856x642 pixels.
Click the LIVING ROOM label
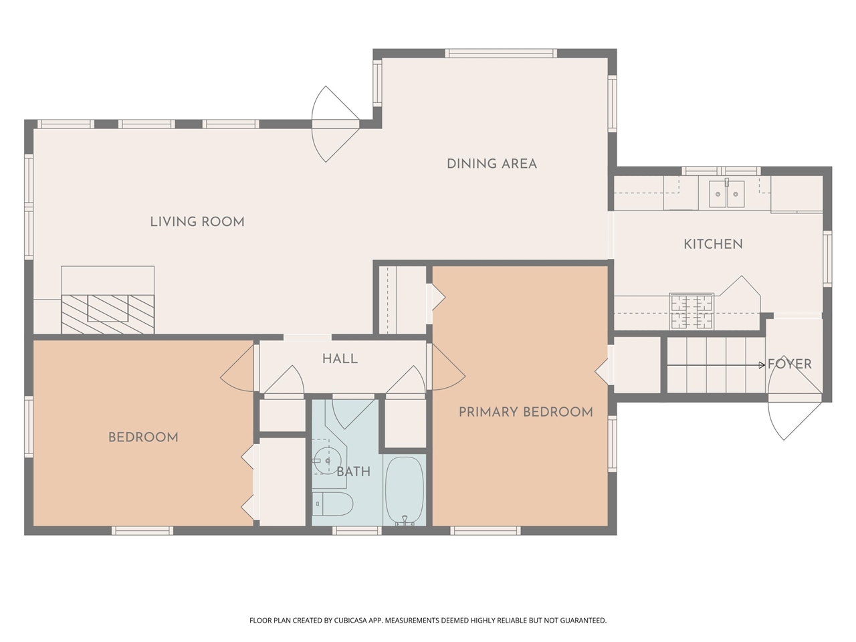[197, 222]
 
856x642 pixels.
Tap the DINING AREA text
[492, 164]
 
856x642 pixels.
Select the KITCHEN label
[714, 244]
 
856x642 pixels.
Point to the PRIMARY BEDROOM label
[526, 412]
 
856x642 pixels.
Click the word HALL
[340, 359]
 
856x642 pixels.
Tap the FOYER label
[790, 364]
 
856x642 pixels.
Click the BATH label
[353, 472]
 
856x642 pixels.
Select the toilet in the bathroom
[332, 504]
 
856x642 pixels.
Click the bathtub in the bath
[405, 491]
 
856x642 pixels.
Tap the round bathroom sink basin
[327, 461]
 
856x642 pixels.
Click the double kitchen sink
[726, 194]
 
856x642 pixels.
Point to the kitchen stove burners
[691, 312]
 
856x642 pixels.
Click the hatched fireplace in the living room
[108, 314]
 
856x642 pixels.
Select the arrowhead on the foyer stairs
[762, 365]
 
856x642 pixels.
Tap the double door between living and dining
[335, 124]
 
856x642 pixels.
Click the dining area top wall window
[501, 53]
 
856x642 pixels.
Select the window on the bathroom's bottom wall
[357, 530]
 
